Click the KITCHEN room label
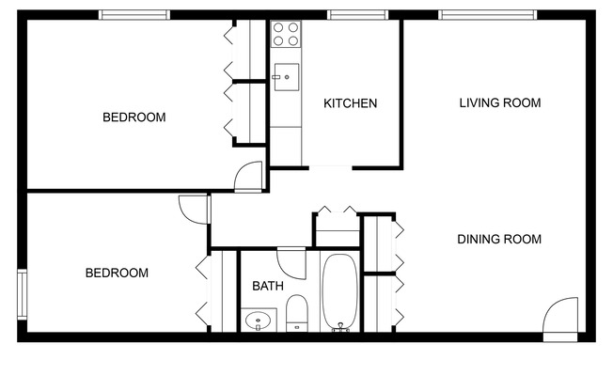click(350, 103)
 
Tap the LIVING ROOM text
click(499, 102)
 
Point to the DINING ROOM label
click(499, 239)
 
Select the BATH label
click(268, 286)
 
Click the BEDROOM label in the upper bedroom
click(134, 117)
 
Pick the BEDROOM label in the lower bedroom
click(117, 274)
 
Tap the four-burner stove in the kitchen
click(286, 35)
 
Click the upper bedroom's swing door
click(249, 177)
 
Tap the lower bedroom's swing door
click(192, 209)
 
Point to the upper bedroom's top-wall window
click(134, 14)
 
